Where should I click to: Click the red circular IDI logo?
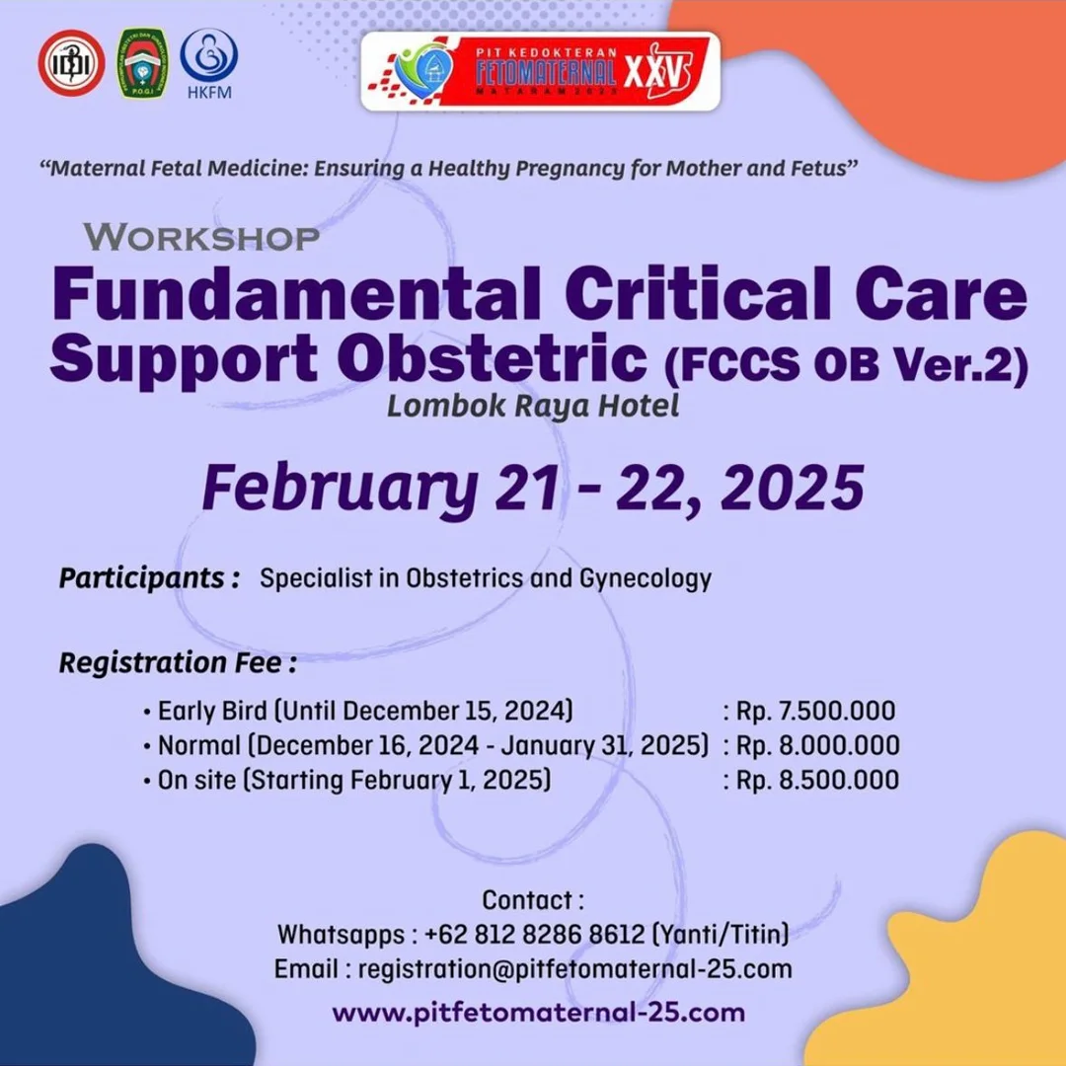(x=71, y=63)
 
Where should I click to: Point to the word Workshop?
(x=201, y=237)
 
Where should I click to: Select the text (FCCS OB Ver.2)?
(x=847, y=367)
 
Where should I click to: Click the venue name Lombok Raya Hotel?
(x=533, y=407)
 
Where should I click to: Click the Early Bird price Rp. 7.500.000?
(x=815, y=711)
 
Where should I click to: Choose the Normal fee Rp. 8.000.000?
(x=817, y=745)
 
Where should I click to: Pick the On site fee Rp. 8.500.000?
(x=817, y=780)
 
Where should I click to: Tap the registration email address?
(x=575, y=969)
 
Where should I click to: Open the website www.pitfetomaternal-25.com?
(x=538, y=1013)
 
